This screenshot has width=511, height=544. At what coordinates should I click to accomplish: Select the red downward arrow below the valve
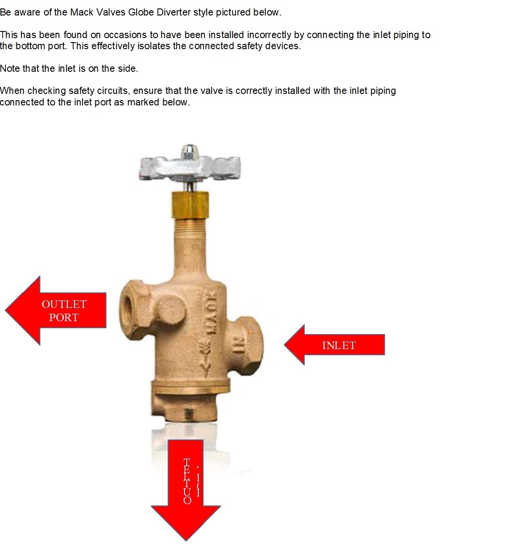pyautogui.click(x=186, y=487)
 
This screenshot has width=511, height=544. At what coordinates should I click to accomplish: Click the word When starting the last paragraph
pyautogui.click(x=12, y=91)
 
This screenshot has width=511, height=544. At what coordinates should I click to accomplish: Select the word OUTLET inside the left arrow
pyautogui.click(x=64, y=304)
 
